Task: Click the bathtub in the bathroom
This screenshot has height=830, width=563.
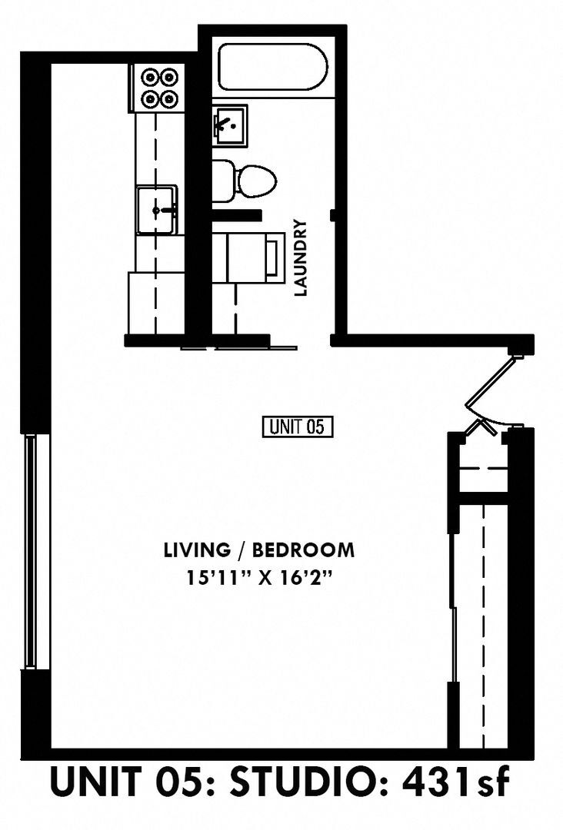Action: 274,68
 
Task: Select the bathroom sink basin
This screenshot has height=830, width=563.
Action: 229,125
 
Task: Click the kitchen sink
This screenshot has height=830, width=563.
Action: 156,209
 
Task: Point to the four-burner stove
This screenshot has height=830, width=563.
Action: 158,87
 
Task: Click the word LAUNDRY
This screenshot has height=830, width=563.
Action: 301,258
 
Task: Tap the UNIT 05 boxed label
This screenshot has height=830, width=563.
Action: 298,427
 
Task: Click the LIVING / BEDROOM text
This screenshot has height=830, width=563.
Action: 259,550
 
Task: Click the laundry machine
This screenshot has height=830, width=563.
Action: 246,259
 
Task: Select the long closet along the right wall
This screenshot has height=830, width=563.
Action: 482,622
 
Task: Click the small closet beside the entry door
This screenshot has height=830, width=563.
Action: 482,469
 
